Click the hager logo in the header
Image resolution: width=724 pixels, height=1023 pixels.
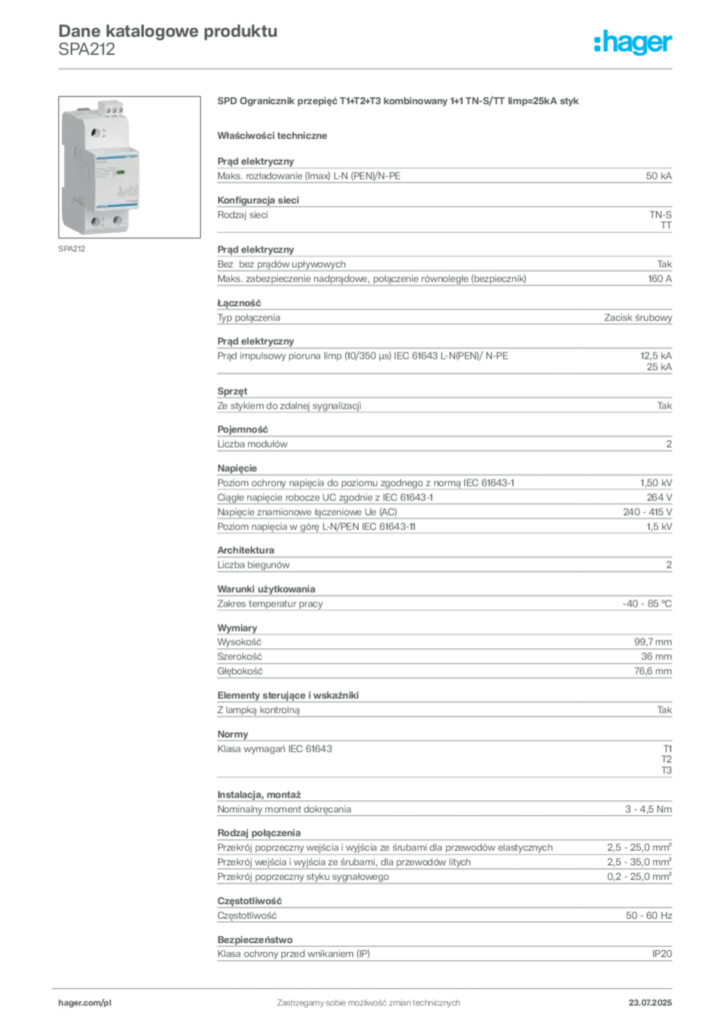(x=634, y=43)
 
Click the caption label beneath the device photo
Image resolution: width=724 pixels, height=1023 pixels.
(x=72, y=250)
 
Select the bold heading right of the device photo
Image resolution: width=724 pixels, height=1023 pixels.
(x=399, y=101)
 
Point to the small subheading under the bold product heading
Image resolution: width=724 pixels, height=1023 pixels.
(x=275, y=134)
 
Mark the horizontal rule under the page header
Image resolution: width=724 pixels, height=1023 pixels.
(x=368, y=68)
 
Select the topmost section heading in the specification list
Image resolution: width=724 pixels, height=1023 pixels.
(x=255, y=158)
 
